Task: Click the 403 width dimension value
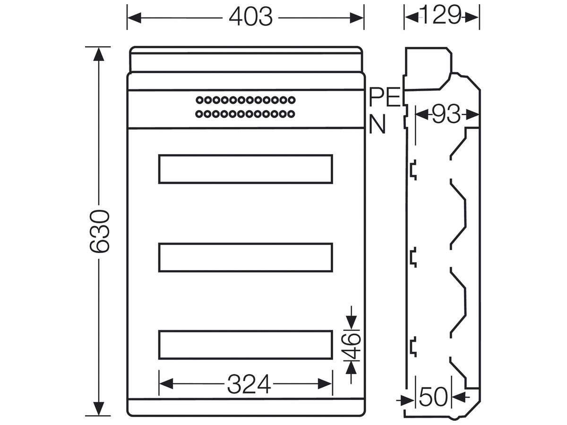(250, 17)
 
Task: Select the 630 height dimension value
(100, 231)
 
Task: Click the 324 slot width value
(249, 384)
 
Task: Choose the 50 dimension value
(433, 397)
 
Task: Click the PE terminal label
(385, 97)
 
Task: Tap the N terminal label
(377, 124)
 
